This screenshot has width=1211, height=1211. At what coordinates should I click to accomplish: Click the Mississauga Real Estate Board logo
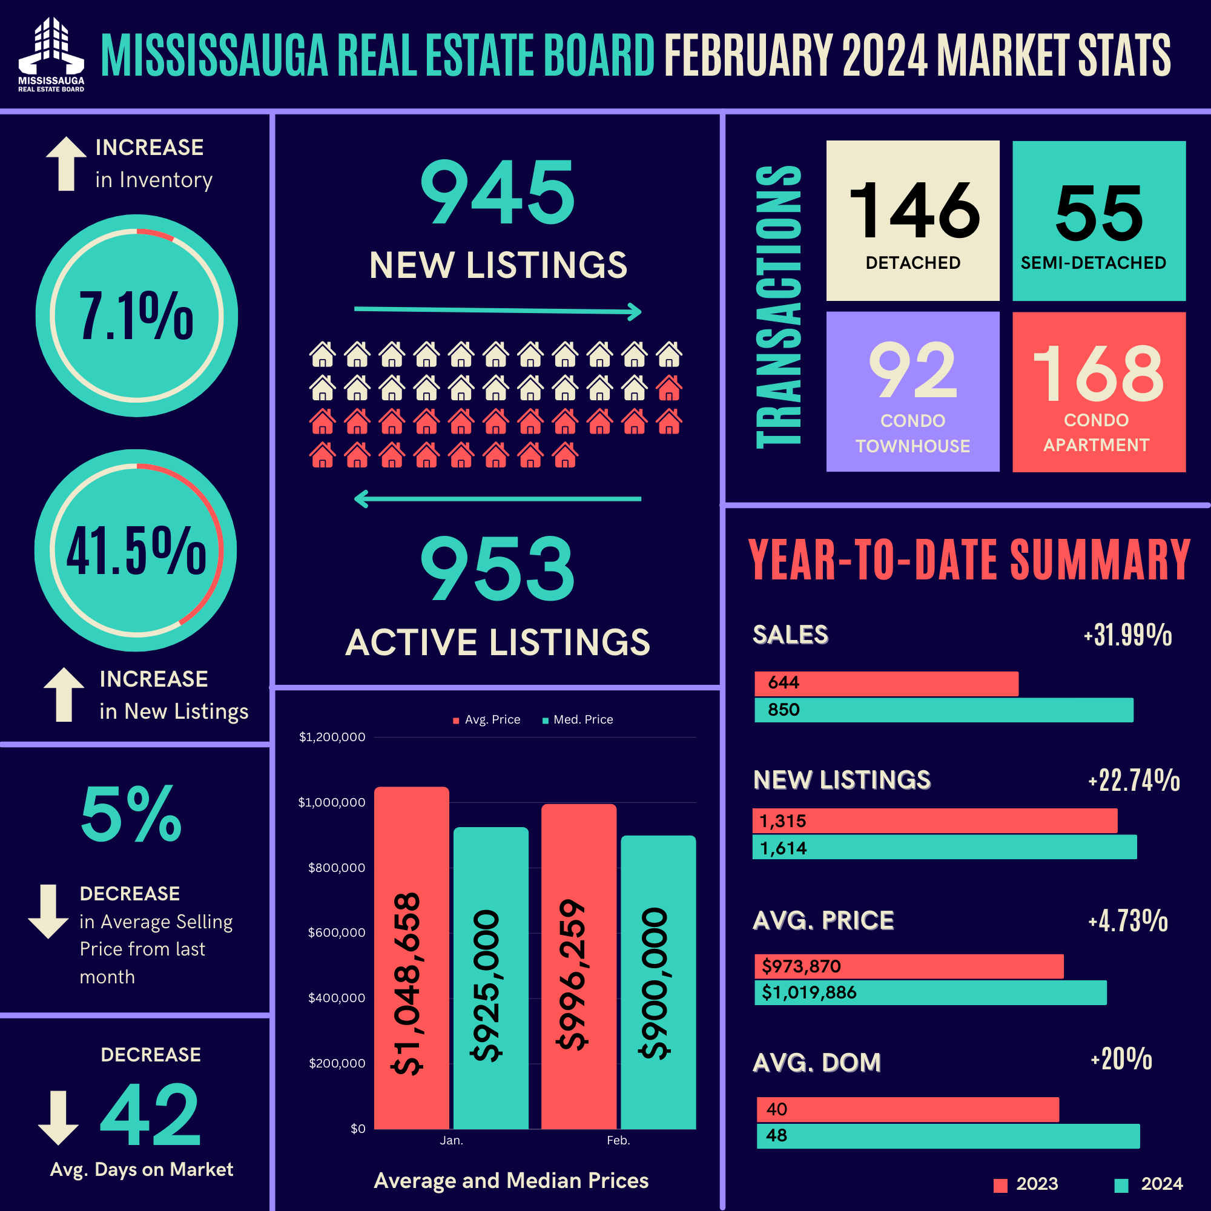click(51, 54)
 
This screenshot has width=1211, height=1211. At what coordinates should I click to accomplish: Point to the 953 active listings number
click(497, 569)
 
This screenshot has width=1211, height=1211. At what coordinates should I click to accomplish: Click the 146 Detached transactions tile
click(912, 220)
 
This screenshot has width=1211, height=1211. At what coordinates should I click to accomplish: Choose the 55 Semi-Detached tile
click(1099, 220)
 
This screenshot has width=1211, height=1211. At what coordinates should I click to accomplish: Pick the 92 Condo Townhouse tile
click(912, 392)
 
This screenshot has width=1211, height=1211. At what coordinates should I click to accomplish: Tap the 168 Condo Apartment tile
click(1099, 392)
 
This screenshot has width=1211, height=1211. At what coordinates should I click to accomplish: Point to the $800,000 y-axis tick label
click(336, 868)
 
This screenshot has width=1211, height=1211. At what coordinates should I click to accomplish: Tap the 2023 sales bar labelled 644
click(886, 683)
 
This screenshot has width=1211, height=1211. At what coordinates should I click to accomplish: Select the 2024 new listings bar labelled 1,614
click(944, 847)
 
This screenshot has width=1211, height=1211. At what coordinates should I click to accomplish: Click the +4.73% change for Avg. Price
click(1128, 921)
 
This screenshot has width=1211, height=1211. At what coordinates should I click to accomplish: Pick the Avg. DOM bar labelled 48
click(948, 1136)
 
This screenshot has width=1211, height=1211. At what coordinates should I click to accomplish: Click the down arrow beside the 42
click(58, 1118)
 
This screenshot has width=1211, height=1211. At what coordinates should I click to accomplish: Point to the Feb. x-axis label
click(618, 1140)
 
